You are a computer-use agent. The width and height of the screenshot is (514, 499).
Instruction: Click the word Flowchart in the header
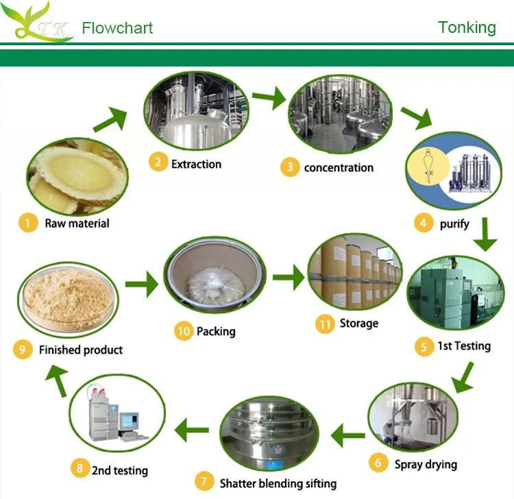117,28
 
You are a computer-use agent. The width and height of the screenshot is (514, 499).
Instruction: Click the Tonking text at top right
467,27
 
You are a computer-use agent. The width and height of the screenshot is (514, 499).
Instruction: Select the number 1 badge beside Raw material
27,223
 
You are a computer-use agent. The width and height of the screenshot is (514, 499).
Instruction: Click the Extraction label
196,164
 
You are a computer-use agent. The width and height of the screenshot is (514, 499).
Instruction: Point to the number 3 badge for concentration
290,167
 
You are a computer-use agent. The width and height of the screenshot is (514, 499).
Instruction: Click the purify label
454,223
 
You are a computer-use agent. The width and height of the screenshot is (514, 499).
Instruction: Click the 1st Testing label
464,345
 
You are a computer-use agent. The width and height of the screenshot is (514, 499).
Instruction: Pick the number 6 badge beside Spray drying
378,463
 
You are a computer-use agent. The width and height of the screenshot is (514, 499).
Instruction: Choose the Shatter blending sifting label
278,483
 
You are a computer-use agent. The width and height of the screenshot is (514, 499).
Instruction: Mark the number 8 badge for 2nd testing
80,470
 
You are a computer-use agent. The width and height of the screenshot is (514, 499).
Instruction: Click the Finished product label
81,350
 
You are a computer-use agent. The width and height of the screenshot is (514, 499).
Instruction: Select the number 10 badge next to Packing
183,331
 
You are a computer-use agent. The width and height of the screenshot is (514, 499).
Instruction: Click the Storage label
358,323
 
